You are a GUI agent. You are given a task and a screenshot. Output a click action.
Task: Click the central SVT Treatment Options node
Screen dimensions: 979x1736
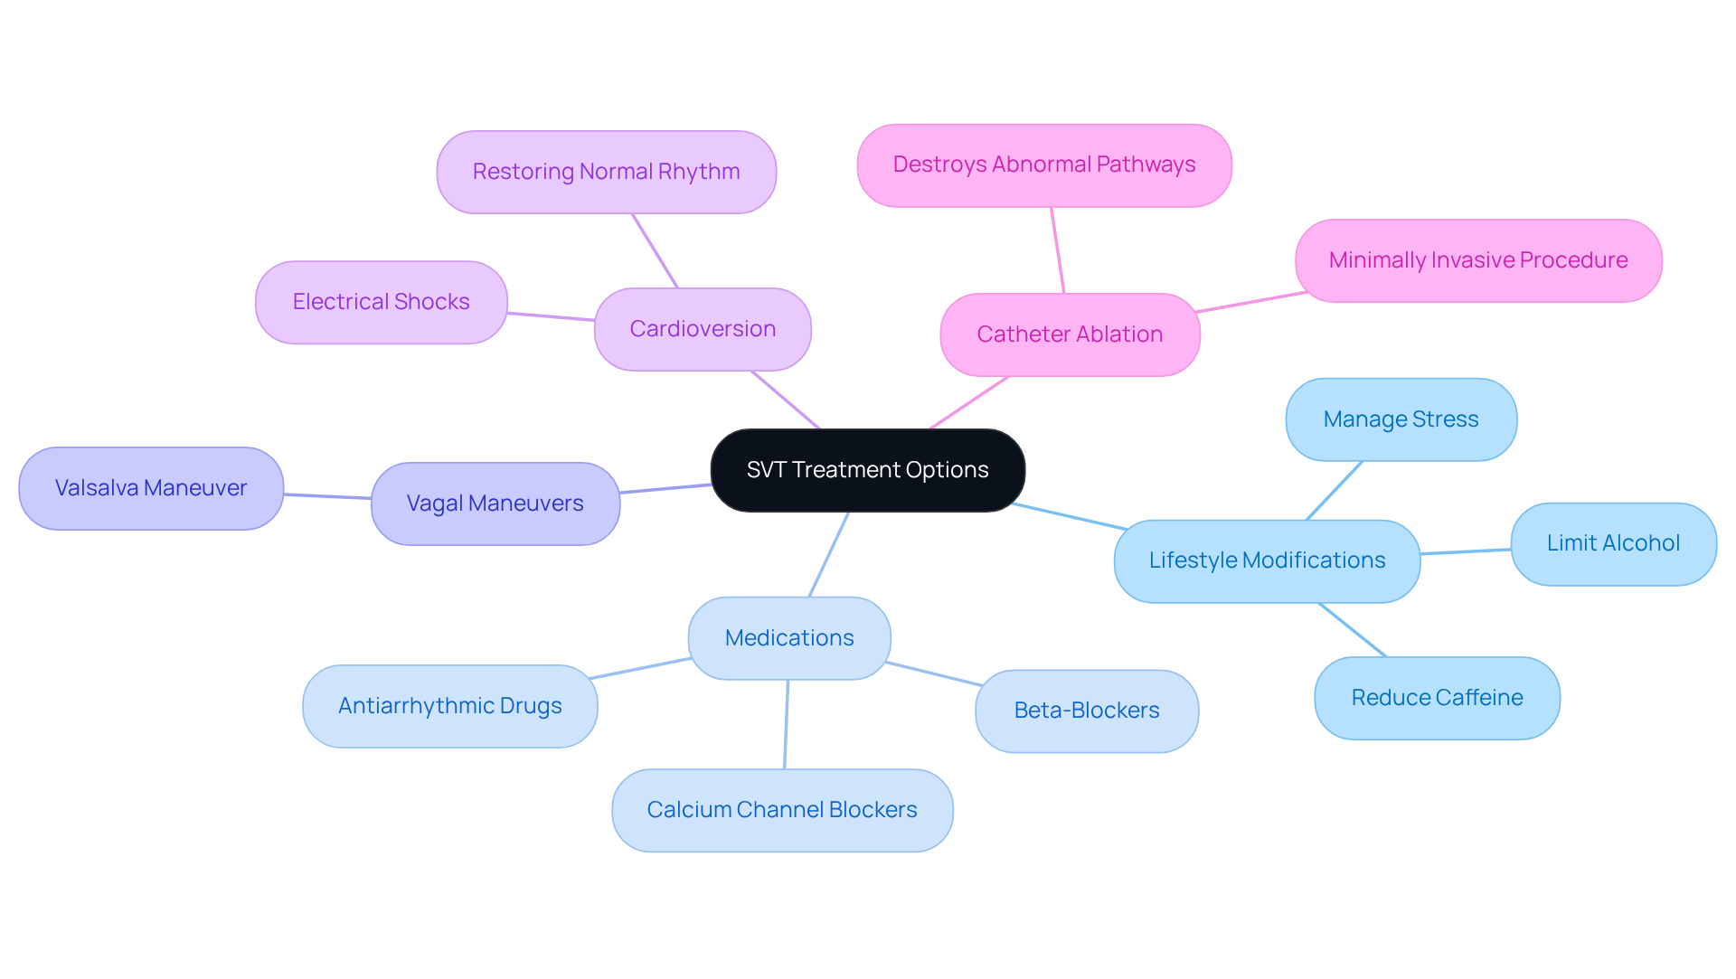click(867, 470)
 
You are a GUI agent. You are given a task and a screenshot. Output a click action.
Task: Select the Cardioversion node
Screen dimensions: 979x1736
click(703, 329)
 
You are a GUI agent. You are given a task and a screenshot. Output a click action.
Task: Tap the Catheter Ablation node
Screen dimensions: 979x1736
click(1070, 334)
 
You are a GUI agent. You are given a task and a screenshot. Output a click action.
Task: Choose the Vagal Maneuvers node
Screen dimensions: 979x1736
click(495, 504)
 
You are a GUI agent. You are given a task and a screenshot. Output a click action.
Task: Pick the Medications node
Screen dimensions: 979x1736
click(789, 638)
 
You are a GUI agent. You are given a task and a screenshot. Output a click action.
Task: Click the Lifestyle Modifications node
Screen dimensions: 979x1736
click(1267, 560)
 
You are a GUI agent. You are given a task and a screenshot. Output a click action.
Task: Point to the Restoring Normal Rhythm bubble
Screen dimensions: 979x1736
click(606, 172)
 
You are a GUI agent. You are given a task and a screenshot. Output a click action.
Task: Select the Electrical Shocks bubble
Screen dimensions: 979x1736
click(381, 302)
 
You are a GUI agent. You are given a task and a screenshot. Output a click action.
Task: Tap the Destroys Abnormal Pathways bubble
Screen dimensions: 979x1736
click(1043, 165)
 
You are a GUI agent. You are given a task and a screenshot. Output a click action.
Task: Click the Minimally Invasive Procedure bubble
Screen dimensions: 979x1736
click(1477, 260)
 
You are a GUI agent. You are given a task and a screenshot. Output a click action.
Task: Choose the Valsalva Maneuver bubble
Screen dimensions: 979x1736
click(151, 488)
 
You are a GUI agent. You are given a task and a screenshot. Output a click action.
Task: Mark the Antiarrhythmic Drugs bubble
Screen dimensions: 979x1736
click(449, 706)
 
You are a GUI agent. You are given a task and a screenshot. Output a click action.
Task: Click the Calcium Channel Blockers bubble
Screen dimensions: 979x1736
click(782, 810)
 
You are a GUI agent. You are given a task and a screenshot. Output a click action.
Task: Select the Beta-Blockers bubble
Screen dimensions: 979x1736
click(1086, 711)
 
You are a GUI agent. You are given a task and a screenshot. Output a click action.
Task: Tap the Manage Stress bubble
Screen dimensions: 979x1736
click(1401, 419)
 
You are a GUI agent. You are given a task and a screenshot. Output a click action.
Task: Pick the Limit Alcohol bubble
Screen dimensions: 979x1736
click(1613, 543)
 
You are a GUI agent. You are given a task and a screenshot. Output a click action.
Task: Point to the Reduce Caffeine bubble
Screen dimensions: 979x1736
click(1437, 698)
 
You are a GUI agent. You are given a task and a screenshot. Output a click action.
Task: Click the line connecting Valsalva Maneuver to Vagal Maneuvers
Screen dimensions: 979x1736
click(327, 496)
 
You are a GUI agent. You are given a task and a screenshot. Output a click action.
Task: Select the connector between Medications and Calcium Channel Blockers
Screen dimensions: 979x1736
click(787, 724)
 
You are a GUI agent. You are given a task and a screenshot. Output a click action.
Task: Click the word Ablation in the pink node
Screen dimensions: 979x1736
click(1118, 334)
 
